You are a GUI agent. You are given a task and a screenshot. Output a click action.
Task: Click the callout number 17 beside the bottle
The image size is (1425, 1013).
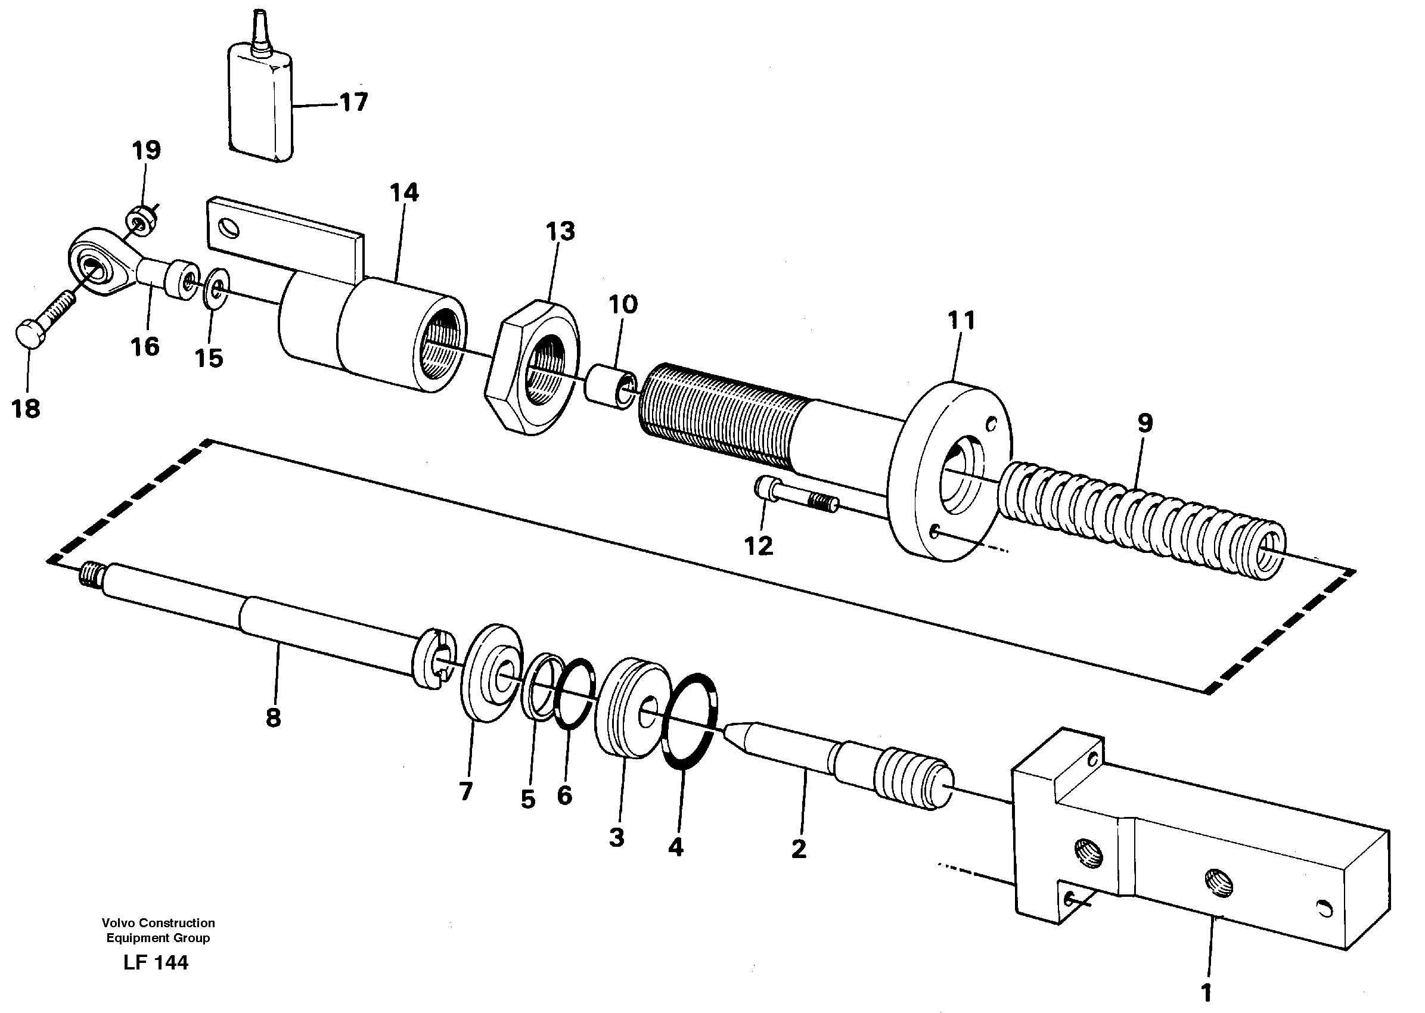(x=354, y=102)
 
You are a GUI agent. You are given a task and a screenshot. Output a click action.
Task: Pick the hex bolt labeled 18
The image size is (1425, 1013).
(x=41, y=321)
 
